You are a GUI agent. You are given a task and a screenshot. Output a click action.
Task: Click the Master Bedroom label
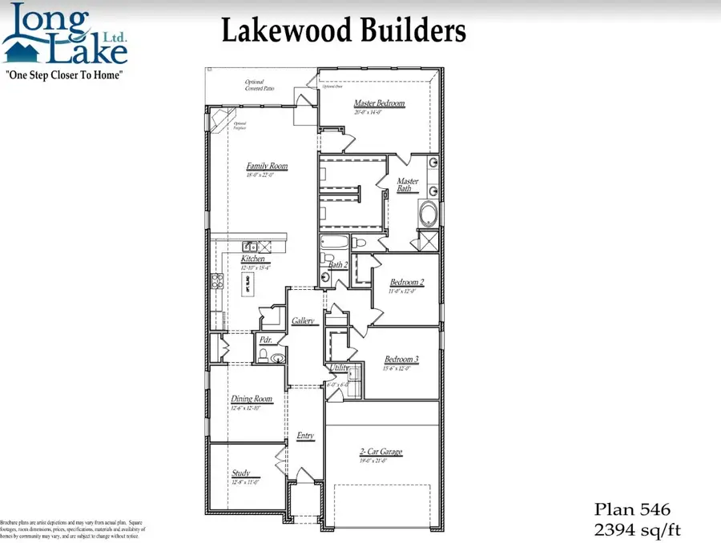pyautogui.click(x=379, y=103)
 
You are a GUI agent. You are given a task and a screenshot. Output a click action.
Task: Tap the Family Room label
pyautogui.click(x=267, y=167)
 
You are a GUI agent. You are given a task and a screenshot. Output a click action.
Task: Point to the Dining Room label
pyautogui.click(x=252, y=399)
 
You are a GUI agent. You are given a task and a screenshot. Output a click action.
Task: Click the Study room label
pyautogui.click(x=241, y=473)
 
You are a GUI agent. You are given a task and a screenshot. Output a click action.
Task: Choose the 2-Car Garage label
pyautogui.click(x=381, y=452)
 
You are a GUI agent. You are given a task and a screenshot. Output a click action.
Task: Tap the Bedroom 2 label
pyautogui.click(x=407, y=282)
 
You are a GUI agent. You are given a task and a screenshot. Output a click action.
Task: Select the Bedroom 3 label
pyautogui.click(x=401, y=360)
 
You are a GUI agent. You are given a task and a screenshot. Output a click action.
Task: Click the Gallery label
pyautogui.click(x=303, y=320)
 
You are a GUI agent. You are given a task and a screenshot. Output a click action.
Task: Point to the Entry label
pyautogui.click(x=305, y=436)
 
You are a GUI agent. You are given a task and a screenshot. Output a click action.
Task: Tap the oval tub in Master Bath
pyautogui.click(x=430, y=215)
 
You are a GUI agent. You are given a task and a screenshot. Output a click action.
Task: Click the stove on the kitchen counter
pyautogui.click(x=216, y=280)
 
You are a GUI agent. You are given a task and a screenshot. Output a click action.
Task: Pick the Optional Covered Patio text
pyautogui.click(x=260, y=85)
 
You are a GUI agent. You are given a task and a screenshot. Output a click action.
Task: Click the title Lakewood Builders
pyautogui.click(x=343, y=30)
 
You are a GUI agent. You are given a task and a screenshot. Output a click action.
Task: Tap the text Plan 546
pyautogui.click(x=631, y=509)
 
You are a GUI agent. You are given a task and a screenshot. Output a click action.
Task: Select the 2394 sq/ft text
pyautogui.click(x=638, y=529)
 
